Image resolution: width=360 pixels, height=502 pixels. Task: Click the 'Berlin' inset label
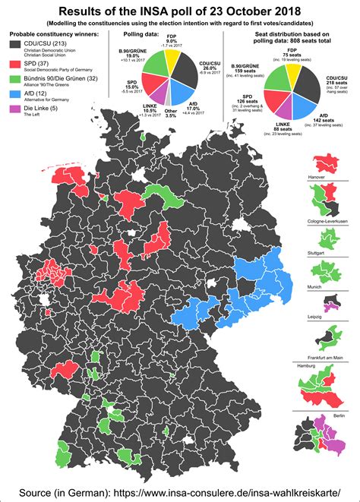pyautogui.click(x=339, y=416)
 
